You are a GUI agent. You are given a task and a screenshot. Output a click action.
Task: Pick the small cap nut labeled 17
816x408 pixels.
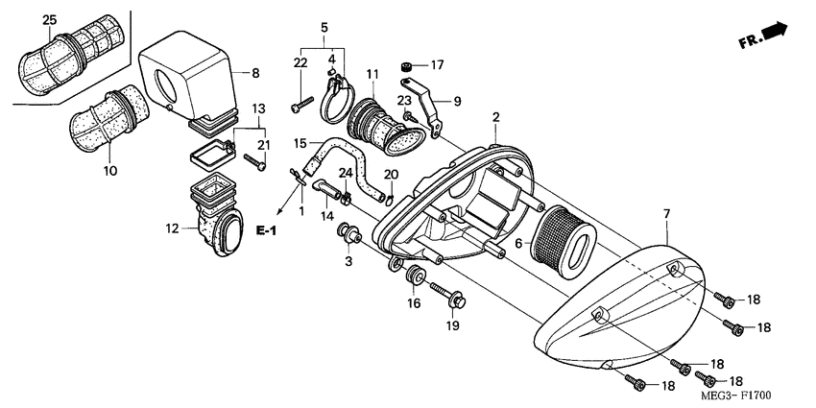coord(406,66)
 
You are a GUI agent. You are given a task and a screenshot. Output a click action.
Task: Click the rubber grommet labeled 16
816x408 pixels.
coord(416,277)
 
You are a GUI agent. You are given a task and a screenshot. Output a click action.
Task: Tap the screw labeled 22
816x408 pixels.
coord(302,98)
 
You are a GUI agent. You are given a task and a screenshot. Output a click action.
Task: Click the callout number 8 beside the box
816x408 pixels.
coord(255,73)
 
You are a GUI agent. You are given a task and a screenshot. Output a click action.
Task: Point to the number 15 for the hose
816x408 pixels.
coord(300,143)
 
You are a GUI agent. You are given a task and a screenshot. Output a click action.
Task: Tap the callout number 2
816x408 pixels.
coord(496,117)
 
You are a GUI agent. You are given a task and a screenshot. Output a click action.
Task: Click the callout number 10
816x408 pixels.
coord(111,171)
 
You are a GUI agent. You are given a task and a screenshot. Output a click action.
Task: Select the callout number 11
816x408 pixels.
coord(372,75)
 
